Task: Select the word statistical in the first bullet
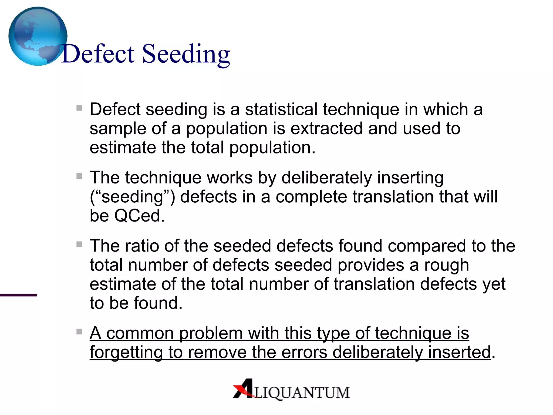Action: tap(281, 109)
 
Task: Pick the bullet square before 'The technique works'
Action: tap(79, 176)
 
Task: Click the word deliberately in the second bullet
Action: tap(326, 178)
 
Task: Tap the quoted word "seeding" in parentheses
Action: tap(132, 197)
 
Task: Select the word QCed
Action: tap(139, 216)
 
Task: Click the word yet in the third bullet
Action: tap(494, 285)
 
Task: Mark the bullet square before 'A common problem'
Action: tap(79, 332)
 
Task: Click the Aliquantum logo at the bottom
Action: tap(291, 389)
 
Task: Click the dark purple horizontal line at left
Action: tap(18, 295)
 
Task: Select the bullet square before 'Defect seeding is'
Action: tap(79, 108)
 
